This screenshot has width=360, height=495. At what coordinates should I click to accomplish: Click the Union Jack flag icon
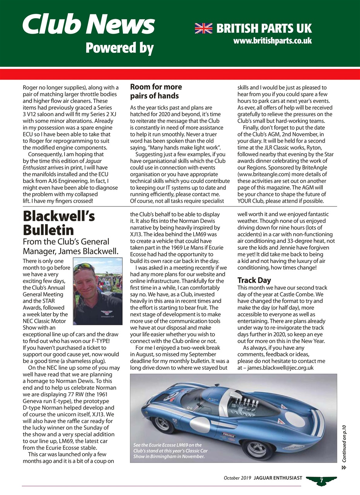(204, 28)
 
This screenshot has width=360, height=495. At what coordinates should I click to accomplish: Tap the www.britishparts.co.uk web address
(273, 40)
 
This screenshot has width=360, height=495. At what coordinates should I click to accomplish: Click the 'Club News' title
(89, 24)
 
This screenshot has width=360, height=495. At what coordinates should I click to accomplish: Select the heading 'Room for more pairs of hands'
(156, 91)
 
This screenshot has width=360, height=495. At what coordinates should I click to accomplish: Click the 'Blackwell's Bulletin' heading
(59, 223)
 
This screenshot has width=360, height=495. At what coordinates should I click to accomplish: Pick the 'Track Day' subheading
(254, 280)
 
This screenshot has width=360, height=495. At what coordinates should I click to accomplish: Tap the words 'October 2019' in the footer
(237, 478)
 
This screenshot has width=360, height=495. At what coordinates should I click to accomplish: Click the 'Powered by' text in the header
(119, 48)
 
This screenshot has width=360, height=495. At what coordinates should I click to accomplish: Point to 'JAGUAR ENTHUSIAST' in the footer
(278, 478)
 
